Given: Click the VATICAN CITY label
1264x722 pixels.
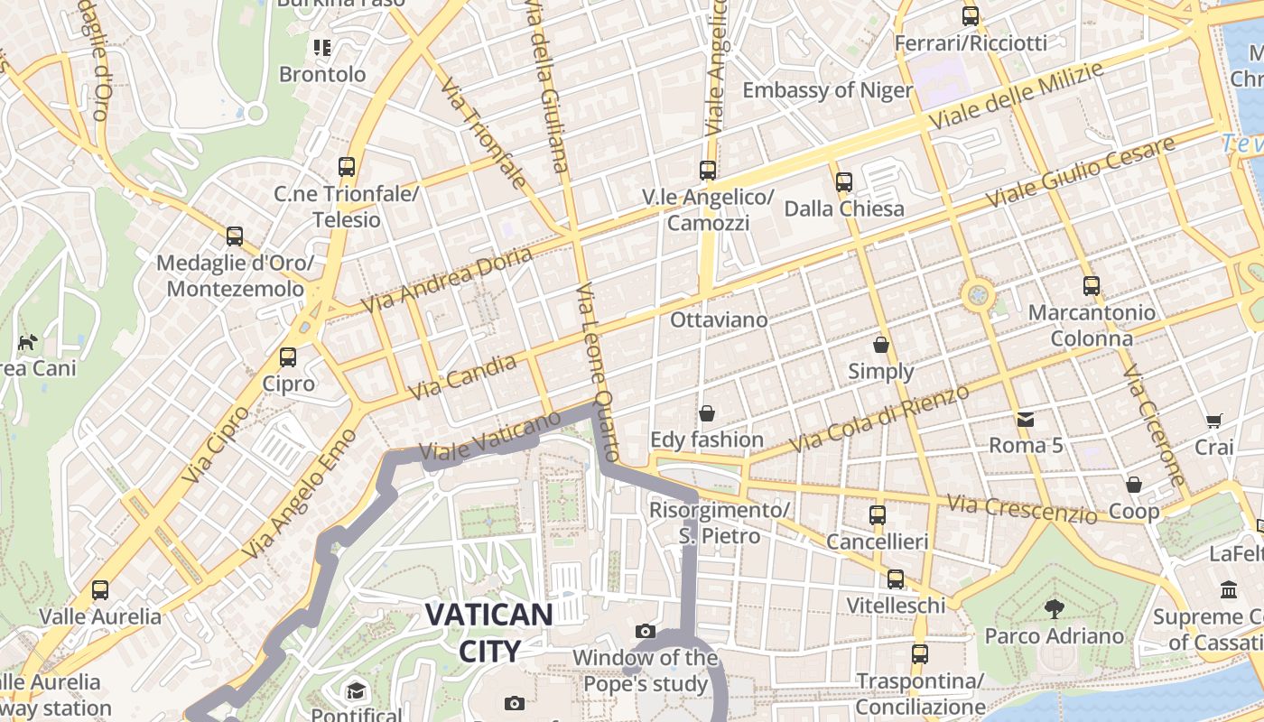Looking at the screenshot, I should (488, 633).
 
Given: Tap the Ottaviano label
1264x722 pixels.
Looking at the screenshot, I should (719, 319).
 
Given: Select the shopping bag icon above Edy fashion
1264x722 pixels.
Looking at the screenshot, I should (707, 413).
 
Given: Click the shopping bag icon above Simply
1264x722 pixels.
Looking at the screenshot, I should (881, 345).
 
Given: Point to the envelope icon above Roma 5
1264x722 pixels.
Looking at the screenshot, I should (1026, 419).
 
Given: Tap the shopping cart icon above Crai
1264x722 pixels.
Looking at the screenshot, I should (1213, 421).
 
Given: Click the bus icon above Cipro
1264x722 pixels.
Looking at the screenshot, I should (288, 357).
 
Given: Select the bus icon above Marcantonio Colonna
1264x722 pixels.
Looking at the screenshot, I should (1092, 286).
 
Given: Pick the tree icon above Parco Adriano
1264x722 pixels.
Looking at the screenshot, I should (1054, 608).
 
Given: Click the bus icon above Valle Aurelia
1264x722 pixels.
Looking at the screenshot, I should (100, 590).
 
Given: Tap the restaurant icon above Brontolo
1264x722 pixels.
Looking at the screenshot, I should (322, 47).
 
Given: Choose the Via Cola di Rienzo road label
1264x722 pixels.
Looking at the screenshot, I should (879, 419).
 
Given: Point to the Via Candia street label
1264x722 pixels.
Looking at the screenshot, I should (463, 377).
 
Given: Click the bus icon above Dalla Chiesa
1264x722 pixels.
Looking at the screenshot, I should (843, 182).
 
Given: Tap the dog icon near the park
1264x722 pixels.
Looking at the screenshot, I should (27, 342).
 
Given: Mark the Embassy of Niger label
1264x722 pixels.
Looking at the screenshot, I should (827, 90).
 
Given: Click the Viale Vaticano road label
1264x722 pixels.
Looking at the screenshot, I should (490, 437).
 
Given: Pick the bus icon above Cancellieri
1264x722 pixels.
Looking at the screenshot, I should (877, 515).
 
